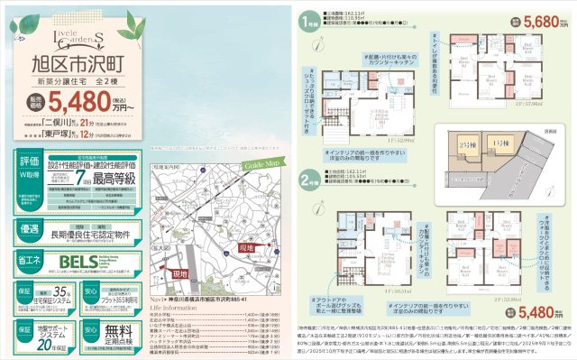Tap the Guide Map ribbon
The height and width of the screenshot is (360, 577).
click(256, 165)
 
